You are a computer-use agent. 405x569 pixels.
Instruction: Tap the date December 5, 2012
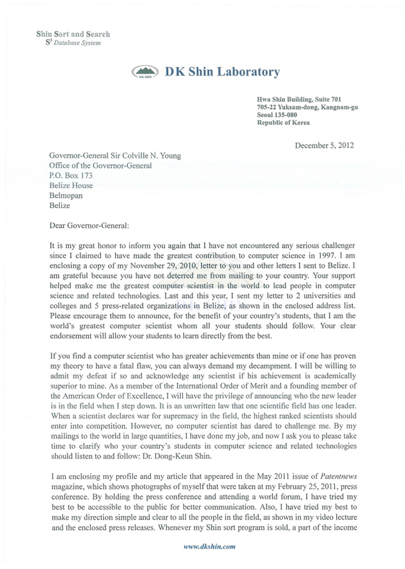(324, 145)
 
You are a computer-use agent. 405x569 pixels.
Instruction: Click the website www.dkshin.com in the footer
(209, 547)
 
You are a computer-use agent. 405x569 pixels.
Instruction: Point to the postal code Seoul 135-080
(277, 115)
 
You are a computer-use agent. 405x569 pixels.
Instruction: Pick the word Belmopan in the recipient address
(66, 195)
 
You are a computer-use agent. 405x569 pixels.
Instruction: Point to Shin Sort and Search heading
(73, 34)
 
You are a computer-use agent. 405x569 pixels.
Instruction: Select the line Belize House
(71, 186)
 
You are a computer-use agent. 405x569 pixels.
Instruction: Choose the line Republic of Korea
(283, 122)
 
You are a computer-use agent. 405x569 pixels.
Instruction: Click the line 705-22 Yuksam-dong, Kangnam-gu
(307, 107)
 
